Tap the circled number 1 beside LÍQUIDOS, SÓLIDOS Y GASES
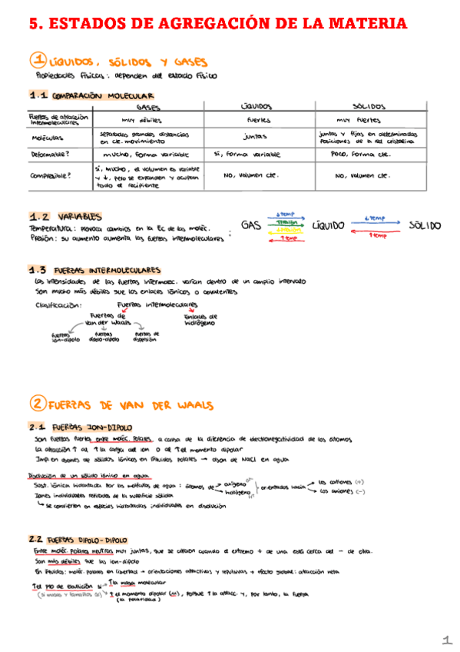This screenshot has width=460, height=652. coord(38,61)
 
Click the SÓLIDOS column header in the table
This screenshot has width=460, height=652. coord(369,107)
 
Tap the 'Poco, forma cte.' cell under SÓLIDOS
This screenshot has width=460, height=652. coord(362,153)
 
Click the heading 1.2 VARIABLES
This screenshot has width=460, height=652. coord(65,217)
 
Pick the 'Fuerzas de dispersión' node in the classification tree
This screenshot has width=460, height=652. coord(147,336)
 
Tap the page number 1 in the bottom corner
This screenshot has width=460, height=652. coord(446,640)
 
